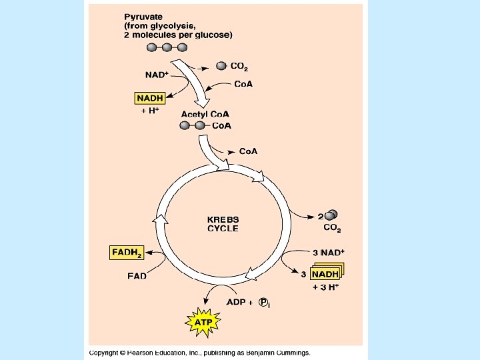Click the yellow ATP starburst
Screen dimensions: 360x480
pos(203,323)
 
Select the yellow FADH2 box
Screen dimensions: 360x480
pos(127,253)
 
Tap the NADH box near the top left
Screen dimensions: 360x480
pos(150,98)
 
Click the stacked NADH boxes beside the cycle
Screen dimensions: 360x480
pos(325,274)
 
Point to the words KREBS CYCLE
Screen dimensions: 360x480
pos(223,223)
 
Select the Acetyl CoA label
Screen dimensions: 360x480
pos(205,115)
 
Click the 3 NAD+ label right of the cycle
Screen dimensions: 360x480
pos(328,253)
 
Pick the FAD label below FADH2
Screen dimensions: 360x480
pos(137,275)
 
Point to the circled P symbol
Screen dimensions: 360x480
pos(264,303)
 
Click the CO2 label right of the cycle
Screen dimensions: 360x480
pos(332,229)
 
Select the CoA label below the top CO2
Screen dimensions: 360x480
pos(243,84)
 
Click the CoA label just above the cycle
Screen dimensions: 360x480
pos(248,151)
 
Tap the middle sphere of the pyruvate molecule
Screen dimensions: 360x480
pos(167,47)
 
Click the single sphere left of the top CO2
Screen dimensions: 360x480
pos(222,65)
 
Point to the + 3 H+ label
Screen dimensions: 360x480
pos(326,287)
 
